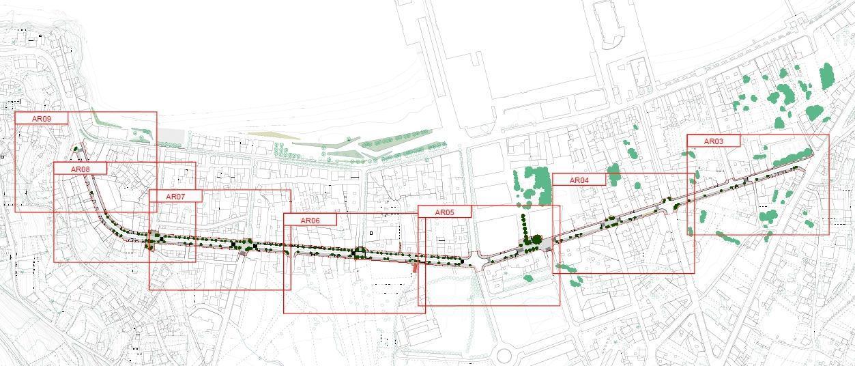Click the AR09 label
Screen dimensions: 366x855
42,119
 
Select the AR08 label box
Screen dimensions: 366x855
80,169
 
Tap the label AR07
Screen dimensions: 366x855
175,197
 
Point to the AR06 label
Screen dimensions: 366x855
310,221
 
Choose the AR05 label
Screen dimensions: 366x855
444,212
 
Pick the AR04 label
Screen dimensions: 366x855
579,180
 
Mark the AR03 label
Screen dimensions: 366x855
713,141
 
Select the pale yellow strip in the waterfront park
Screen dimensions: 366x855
273,135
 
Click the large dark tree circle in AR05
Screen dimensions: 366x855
536,240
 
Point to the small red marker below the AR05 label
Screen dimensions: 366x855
415,268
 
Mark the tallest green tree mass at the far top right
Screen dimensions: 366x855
828,76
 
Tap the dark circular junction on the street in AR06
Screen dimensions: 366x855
359,253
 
